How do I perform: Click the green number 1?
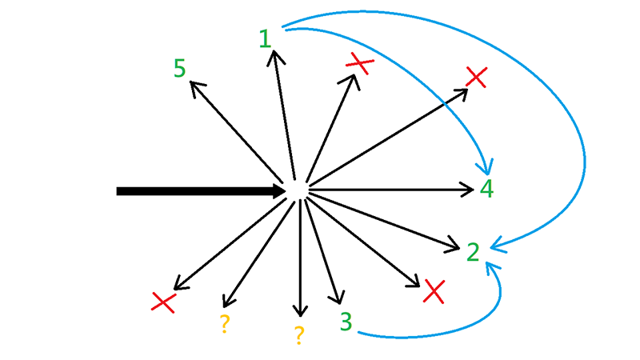coord(266,38)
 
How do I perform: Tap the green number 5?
coord(180,69)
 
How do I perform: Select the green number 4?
coord(487,190)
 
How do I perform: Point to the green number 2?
coord(473,252)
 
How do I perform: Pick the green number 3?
coord(346,322)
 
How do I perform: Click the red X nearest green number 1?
coord(358,63)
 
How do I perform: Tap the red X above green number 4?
coord(476,77)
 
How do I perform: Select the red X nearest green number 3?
coord(434,291)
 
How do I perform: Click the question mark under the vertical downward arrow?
coord(298,335)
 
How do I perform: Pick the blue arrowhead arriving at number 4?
coord(484,170)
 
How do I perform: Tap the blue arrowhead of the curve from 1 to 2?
coord(493,242)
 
